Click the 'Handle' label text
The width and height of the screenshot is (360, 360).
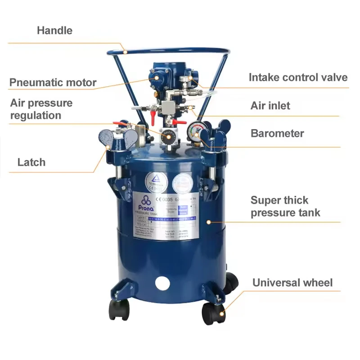(54, 31)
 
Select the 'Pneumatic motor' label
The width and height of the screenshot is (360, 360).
(53, 82)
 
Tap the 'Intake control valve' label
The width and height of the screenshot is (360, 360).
(298, 77)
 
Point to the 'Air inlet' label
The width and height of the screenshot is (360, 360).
(270, 106)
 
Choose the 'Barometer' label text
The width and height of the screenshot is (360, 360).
(277, 133)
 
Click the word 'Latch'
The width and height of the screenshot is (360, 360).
(31, 162)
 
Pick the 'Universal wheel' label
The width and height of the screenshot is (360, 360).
(292, 283)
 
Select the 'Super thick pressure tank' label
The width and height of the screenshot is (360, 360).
(286, 207)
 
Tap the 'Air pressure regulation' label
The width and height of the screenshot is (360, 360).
(41, 109)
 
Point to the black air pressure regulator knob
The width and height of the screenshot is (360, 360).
(169, 136)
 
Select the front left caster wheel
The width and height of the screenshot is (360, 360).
(119, 309)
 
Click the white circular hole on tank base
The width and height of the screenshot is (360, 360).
(162, 283)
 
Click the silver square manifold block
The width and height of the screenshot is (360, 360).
(170, 107)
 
